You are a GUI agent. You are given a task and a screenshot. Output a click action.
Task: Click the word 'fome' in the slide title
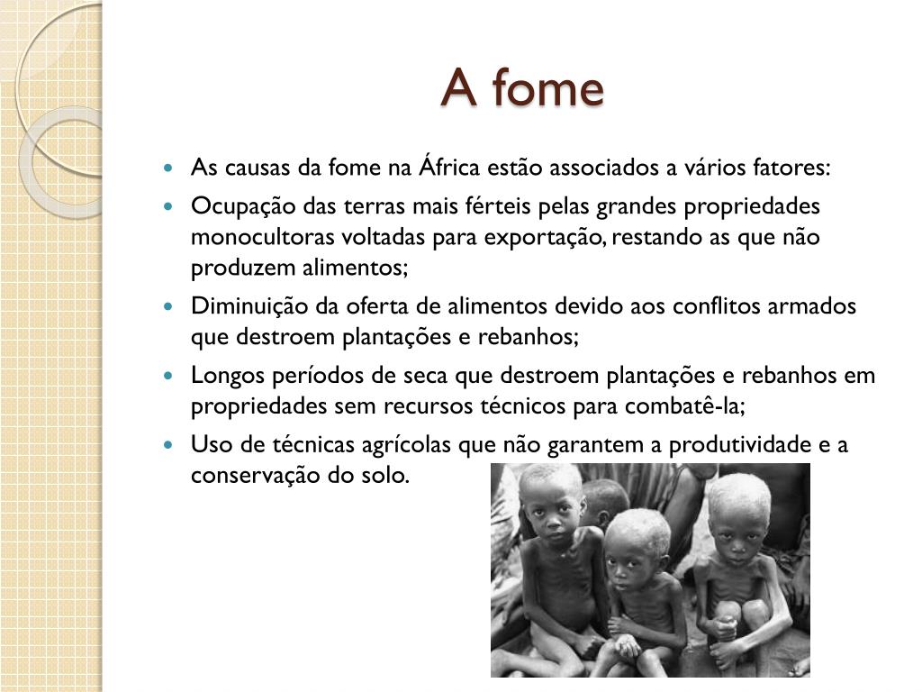pos(548,87)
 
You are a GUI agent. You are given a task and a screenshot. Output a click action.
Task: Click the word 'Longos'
pos(228,376)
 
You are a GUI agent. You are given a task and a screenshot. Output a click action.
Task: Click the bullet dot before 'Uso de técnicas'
pos(168,445)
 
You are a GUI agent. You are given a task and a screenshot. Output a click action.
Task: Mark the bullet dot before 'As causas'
pos(168,168)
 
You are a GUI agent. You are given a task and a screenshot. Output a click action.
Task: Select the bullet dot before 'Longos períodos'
pos(168,376)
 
